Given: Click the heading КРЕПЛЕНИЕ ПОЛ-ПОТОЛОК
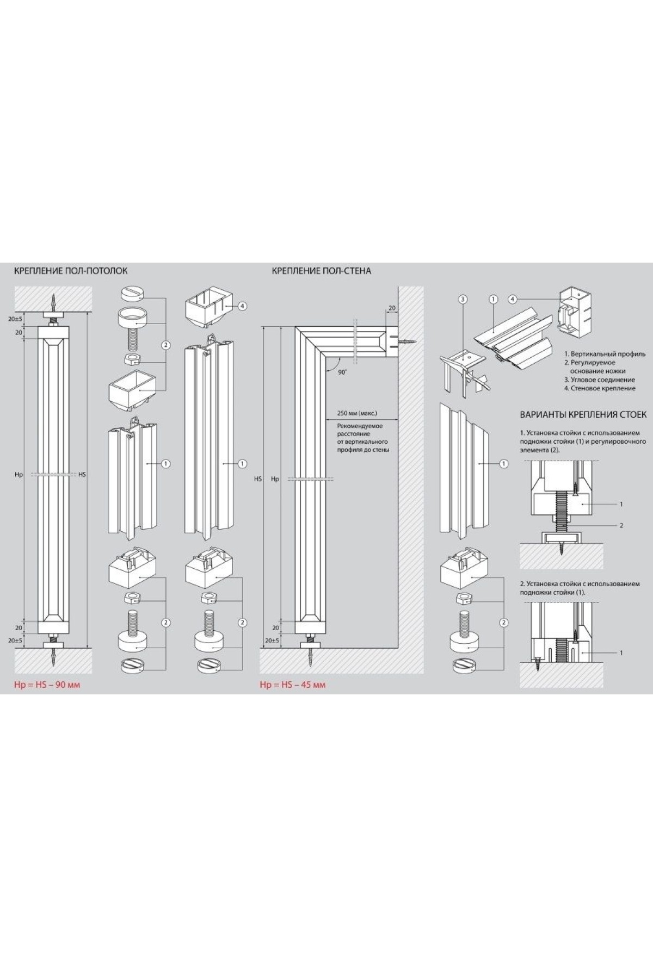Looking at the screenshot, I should [x=71, y=270].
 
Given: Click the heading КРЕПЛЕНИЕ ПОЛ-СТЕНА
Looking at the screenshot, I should [x=321, y=270].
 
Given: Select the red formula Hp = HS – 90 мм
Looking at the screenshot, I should [x=47, y=685].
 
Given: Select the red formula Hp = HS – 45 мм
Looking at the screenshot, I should [x=293, y=685].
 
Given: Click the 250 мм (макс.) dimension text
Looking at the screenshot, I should [x=357, y=414].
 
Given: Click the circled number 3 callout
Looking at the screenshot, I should [x=463, y=299].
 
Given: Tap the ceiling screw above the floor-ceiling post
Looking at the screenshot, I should [x=53, y=301].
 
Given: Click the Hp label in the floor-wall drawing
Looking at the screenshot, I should [x=275, y=479].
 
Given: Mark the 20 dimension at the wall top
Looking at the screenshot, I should [x=392, y=308].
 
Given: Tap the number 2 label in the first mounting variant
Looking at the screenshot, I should [x=621, y=525].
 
